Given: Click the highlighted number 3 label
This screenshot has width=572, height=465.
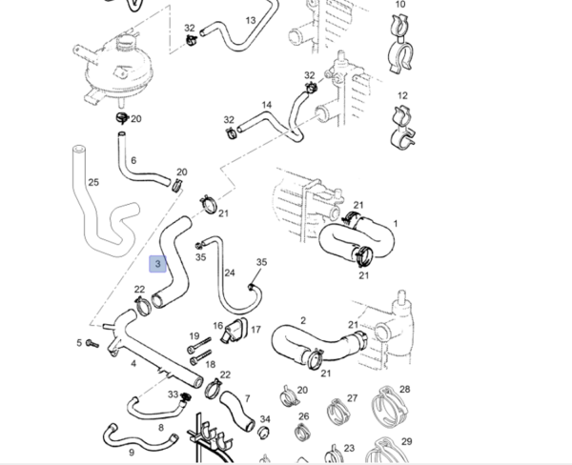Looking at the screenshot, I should (158, 262).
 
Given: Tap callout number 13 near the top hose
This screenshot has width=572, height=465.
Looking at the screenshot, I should (251, 20).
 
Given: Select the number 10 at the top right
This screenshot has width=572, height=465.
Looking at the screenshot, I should (400, 5).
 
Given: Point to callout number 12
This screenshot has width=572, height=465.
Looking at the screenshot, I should (401, 95).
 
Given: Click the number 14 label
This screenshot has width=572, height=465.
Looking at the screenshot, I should (267, 105).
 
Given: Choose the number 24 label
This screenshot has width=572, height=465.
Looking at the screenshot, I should (229, 273).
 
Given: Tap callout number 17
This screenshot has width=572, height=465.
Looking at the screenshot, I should (255, 330).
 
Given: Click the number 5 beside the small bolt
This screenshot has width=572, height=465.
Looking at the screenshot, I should (78, 342).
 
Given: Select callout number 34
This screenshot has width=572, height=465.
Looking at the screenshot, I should (265, 419).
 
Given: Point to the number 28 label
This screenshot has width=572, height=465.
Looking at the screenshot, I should (404, 389).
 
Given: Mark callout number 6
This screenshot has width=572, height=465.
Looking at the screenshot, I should (133, 160).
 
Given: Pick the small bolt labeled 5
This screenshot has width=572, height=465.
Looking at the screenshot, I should (92, 342).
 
